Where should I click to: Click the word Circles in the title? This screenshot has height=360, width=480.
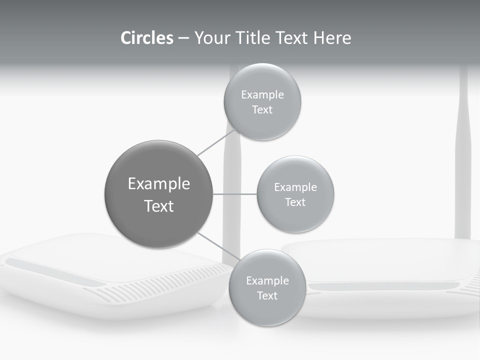(x=146, y=38)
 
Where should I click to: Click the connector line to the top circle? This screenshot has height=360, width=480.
(x=216, y=142)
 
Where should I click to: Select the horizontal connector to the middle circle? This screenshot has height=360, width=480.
(x=235, y=194)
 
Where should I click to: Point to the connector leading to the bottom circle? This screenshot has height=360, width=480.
(x=218, y=248)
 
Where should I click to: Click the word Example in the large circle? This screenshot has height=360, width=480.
(x=159, y=184)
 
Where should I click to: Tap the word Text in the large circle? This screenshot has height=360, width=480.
(x=159, y=206)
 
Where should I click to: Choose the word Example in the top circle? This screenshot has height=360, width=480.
(x=262, y=95)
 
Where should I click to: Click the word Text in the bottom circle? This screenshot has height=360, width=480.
(x=267, y=295)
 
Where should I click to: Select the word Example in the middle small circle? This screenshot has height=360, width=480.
(x=295, y=187)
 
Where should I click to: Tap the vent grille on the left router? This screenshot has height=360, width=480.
(x=165, y=285)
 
